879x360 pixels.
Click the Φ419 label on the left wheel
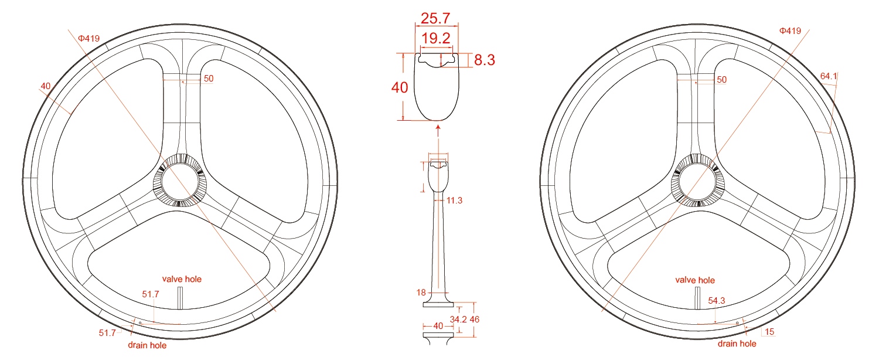pos(88,39)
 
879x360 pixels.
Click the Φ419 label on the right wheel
pos(790,30)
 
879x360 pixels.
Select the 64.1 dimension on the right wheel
pos(829,76)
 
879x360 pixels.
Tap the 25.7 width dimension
pos(437,17)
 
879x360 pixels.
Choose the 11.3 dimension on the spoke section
pos(455,201)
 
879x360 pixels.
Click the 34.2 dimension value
pos(458,320)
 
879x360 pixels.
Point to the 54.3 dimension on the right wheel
pos(717,300)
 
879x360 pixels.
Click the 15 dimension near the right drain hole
pos(769,332)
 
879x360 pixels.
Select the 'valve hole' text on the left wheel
pos(182,279)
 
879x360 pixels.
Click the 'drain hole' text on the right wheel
pos(737,344)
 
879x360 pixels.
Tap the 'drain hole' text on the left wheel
pos(147,345)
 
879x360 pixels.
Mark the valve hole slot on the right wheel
pos(697,298)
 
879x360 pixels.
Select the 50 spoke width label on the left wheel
pos(208,79)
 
